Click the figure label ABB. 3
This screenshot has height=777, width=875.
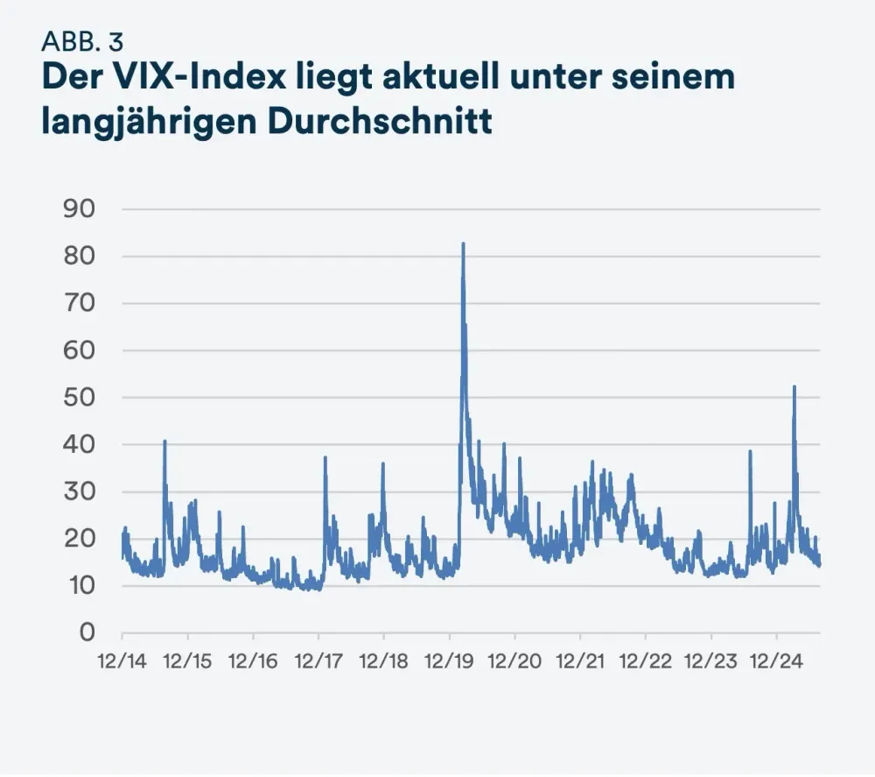[x=81, y=41]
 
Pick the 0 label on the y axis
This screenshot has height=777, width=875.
[x=87, y=632]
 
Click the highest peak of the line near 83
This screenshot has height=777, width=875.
[x=463, y=244]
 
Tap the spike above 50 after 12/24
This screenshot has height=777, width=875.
[x=794, y=387]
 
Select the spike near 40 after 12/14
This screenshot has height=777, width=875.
[x=164, y=441]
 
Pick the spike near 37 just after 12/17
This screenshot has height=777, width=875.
[x=325, y=458]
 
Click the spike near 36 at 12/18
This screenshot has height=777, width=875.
[x=382, y=464]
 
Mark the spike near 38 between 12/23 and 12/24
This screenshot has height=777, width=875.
[x=750, y=452]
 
